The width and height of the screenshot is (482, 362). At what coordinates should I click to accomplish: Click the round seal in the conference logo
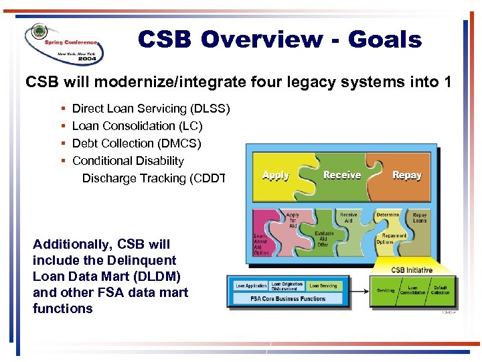[x=38, y=34]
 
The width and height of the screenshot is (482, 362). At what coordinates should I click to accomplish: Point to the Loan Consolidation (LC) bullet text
[x=137, y=126]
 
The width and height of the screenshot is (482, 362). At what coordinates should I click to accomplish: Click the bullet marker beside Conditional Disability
[x=62, y=161]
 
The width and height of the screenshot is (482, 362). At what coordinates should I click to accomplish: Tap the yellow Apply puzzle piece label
[x=276, y=176]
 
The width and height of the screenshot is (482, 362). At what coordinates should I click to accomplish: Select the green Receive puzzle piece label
[x=341, y=175]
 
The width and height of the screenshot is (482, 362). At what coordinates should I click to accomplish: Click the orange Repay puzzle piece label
[x=406, y=175]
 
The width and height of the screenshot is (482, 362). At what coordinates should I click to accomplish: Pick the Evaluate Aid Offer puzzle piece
[x=324, y=239]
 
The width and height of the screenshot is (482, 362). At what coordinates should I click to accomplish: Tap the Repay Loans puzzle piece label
[x=420, y=217]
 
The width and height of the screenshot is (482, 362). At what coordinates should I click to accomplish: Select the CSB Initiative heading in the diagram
[x=412, y=270]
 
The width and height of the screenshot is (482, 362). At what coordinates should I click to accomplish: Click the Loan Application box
[x=250, y=286]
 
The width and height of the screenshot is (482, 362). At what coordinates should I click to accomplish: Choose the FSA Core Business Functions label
[x=288, y=298]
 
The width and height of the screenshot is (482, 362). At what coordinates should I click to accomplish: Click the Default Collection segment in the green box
[x=440, y=290]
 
